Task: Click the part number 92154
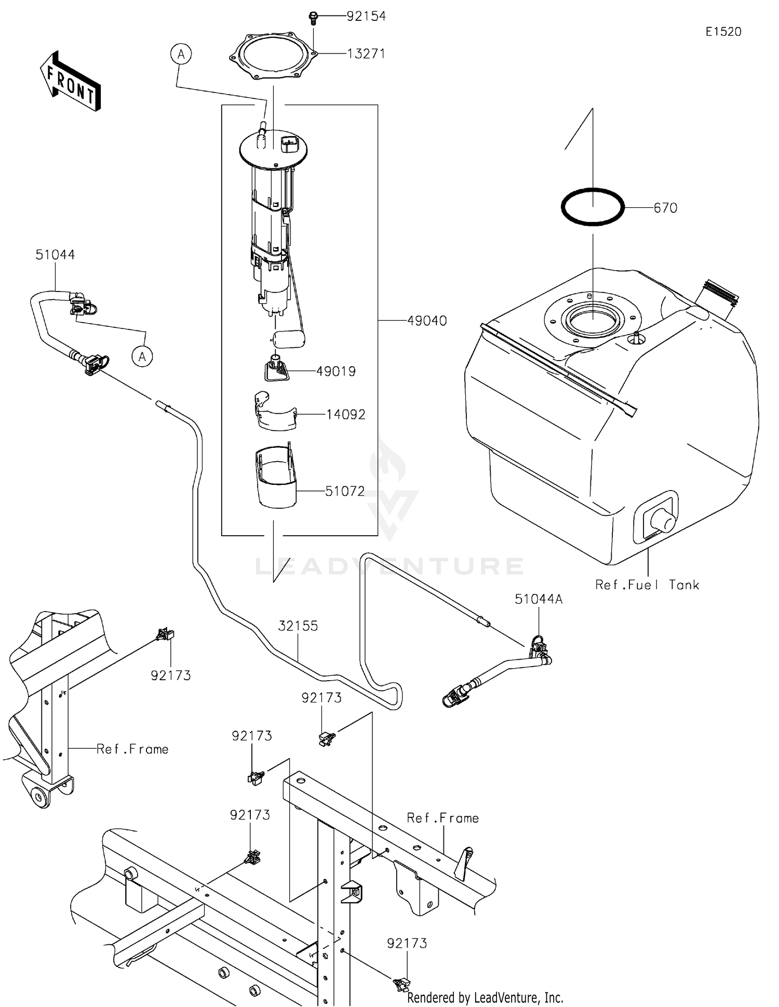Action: point(366,16)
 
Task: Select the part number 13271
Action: point(366,54)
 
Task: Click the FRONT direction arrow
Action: point(71,82)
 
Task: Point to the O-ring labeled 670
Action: point(593,207)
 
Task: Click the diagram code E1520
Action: point(723,32)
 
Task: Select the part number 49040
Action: point(427,321)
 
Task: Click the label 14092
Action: point(346,414)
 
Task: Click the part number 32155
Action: point(298,626)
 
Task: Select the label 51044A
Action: point(539,599)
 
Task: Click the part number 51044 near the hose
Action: point(55,255)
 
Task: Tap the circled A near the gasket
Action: point(181,54)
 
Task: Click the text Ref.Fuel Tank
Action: point(647,585)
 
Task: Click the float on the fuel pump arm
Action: point(289,339)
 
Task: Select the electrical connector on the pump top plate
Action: point(289,143)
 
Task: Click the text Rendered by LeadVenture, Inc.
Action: point(485,997)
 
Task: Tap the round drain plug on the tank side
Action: point(663,519)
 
